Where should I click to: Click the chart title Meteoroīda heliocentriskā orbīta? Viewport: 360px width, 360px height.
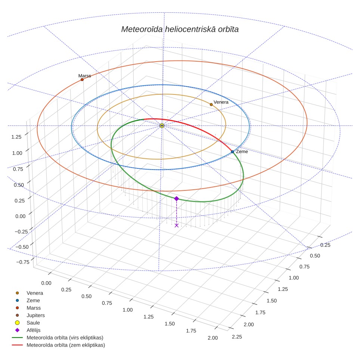[x=180, y=30]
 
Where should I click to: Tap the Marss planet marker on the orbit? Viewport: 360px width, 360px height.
[x=82, y=80]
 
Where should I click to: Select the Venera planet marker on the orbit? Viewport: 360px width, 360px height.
[x=211, y=105]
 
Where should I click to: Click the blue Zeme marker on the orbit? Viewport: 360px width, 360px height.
[x=232, y=152]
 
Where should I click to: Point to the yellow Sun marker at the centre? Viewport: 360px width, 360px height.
[x=162, y=125]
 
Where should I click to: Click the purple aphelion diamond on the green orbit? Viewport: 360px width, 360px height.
[x=176, y=199]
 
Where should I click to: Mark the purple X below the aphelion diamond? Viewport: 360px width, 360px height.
[x=177, y=226]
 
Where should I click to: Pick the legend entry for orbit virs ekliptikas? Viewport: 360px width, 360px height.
[x=58, y=338]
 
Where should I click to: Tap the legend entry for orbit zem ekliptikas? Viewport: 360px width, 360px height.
[x=59, y=345]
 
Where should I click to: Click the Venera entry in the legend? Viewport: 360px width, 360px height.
[x=29, y=293]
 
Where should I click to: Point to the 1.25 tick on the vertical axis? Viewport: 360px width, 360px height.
[x=16, y=137]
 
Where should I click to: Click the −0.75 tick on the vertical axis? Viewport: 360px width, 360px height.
[x=23, y=262]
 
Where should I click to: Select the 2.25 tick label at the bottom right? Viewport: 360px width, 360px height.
[x=237, y=337]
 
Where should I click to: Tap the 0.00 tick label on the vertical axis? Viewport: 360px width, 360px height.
[x=21, y=216]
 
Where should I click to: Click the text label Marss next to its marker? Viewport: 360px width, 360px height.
[x=84, y=76]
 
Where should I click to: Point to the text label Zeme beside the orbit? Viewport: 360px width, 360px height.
[x=242, y=152]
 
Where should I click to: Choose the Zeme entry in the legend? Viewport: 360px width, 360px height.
[x=28, y=300]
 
